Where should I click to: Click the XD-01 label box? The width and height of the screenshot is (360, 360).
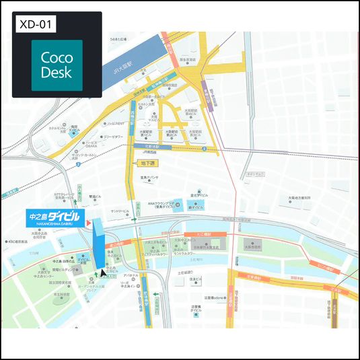tap(36, 24)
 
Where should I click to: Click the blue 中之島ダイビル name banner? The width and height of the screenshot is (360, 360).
tap(54, 217)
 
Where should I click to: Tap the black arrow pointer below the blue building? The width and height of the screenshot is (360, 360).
tap(103, 273)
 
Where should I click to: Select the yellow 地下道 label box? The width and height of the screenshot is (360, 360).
tap(147, 164)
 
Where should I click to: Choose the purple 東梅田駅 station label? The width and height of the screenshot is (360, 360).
tap(211, 99)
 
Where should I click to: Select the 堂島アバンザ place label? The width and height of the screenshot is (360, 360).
tap(149, 178)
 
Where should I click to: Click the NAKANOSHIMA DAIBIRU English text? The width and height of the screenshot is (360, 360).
tap(54, 226)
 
